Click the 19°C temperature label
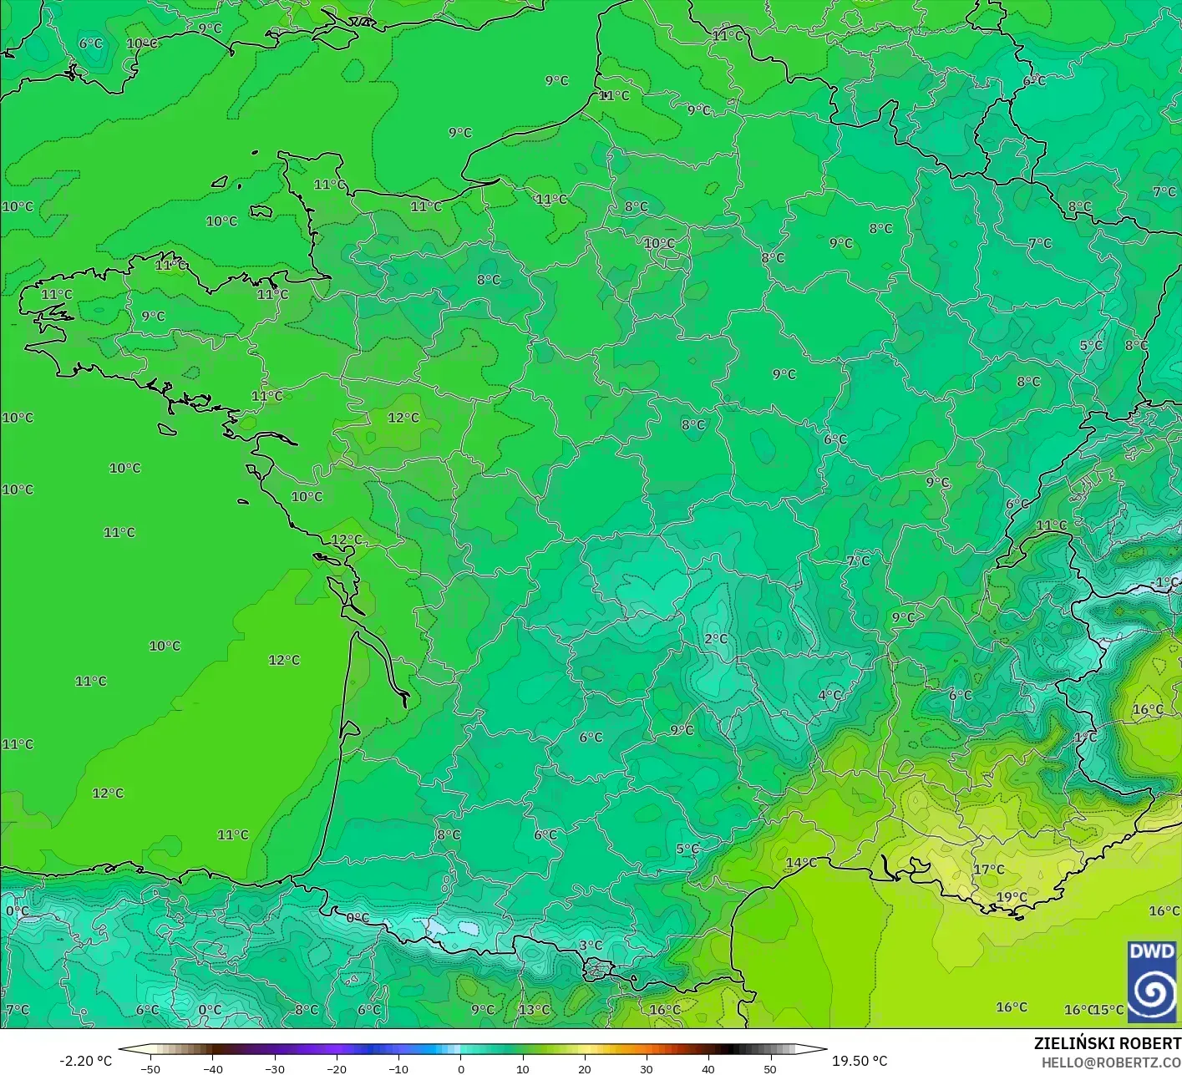pyautogui.click(x=1011, y=897)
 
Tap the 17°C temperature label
pyautogui.click(x=988, y=870)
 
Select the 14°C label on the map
pyautogui.click(x=801, y=863)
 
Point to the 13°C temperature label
pyautogui.click(x=534, y=1009)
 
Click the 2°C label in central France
pyautogui.click(x=716, y=639)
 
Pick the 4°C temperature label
pyautogui.click(x=829, y=695)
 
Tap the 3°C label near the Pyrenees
pyautogui.click(x=591, y=946)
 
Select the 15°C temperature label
pyautogui.click(x=1108, y=1009)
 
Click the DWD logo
pyautogui.click(x=1152, y=981)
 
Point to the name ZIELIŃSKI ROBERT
pyautogui.click(x=1107, y=1043)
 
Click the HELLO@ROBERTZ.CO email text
pyautogui.click(x=1111, y=1062)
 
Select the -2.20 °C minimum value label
pyautogui.click(x=85, y=1061)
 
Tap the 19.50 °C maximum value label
pyautogui.click(x=860, y=1061)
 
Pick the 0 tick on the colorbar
pyautogui.click(x=460, y=1068)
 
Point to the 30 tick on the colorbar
pyautogui.click(x=647, y=1068)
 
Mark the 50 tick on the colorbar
pyautogui.click(x=770, y=1068)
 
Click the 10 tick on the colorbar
pyautogui.click(x=522, y=1068)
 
